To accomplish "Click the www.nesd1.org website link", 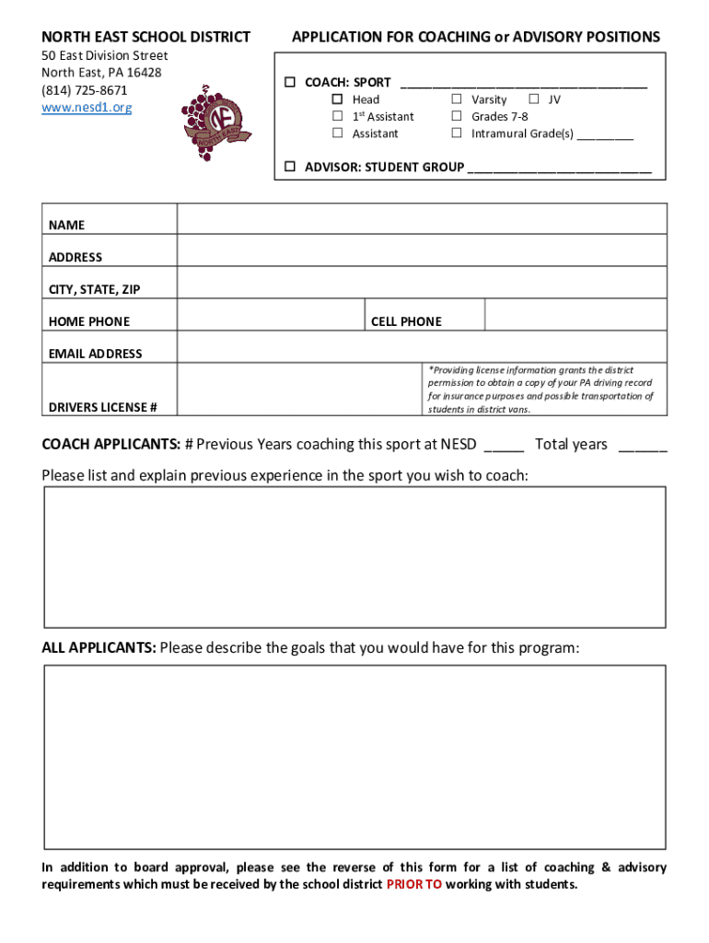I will tap(87, 108).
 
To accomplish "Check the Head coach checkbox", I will tap(337, 99).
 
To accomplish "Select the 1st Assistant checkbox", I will tap(337, 116).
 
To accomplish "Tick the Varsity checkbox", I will tap(456, 99).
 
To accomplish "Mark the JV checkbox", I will tap(533, 99).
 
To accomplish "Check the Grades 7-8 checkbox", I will tap(456, 116).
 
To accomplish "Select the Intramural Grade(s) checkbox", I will tap(456, 134).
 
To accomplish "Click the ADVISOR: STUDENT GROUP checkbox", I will tap(289, 167).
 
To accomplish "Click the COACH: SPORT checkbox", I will tap(289, 82).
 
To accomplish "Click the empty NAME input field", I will tap(422, 219).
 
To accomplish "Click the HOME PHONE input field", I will tap(271, 315).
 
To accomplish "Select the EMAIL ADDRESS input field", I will tap(422, 347).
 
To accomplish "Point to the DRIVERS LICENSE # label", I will tap(102, 407).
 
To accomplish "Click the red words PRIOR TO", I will tap(413, 884).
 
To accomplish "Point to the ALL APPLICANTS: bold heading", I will tap(99, 647).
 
